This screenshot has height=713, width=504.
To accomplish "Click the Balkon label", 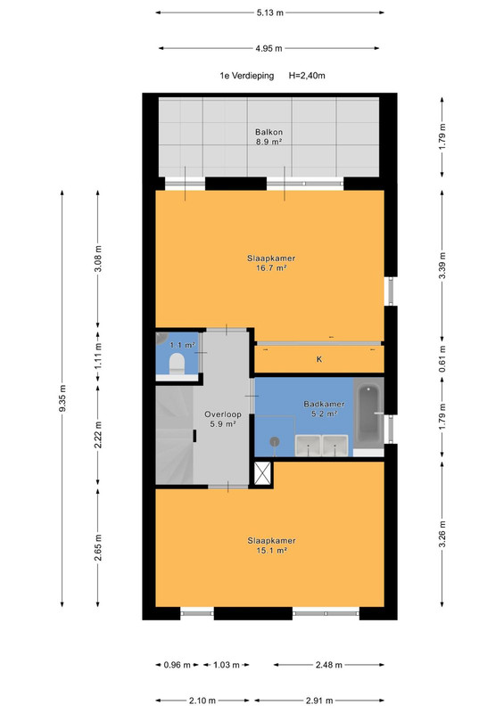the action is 269,132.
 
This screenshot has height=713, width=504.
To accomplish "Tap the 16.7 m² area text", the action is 271,268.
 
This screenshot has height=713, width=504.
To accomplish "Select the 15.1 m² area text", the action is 271,550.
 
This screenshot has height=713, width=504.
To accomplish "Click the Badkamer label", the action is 324,404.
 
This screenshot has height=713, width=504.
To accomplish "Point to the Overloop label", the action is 223,414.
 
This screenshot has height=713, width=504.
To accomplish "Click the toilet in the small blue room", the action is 177,365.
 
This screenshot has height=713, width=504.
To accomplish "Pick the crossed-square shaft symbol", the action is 263,473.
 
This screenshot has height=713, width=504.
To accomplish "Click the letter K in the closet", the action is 319,359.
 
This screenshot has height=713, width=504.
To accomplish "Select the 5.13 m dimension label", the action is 269,12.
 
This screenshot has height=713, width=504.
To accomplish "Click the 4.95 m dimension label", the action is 269,48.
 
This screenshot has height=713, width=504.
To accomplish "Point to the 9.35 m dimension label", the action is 62,398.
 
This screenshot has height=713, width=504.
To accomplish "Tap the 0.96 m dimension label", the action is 178,665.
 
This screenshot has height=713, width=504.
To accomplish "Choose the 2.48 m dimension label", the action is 329,665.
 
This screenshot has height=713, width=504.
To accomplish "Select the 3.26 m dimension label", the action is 442,535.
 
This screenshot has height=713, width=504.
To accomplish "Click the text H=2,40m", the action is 307,76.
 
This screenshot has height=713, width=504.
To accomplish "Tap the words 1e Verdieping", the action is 247,76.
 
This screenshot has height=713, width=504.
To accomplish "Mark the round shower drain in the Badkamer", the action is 274,441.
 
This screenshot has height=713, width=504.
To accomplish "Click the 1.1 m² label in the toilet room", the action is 182,345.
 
